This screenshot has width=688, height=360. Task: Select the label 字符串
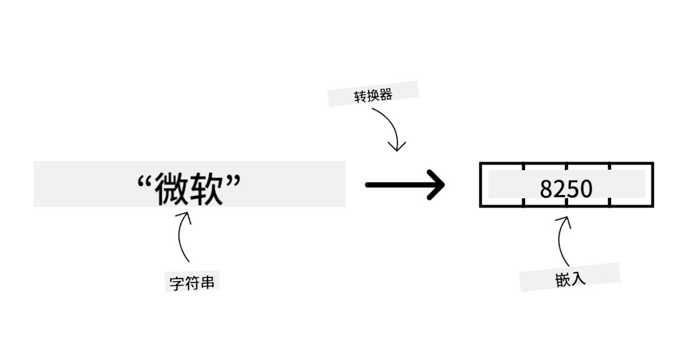point(192,283)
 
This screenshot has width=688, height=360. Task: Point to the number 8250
point(566,189)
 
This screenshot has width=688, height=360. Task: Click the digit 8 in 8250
point(546,189)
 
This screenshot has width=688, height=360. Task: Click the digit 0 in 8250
point(585,189)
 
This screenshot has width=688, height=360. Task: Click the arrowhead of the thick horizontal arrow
point(437,185)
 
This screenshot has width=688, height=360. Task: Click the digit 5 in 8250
point(573,189)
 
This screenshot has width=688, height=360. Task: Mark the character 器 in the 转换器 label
point(386,94)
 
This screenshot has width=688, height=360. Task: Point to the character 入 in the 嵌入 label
point(578,279)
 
